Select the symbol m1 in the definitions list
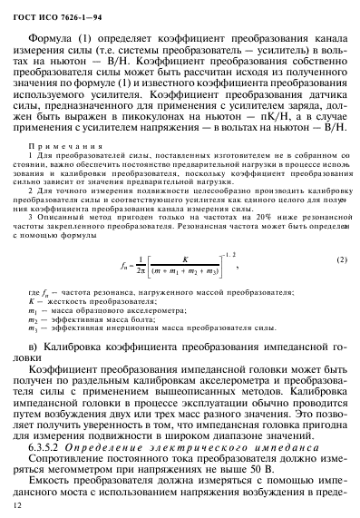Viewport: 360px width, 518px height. (x=34, y=308)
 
